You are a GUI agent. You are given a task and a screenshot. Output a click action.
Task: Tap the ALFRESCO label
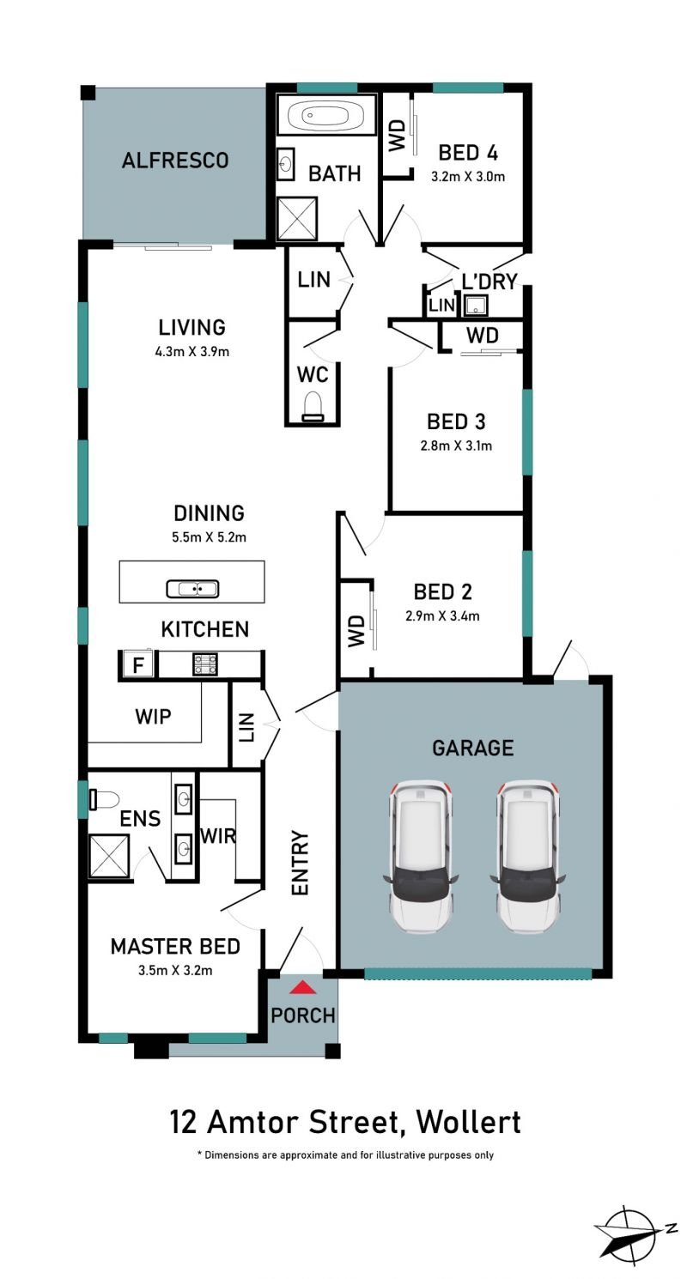point(175,161)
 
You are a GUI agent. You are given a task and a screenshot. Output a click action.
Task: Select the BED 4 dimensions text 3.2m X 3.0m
point(468,177)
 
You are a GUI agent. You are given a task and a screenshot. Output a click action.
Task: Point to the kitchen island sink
point(192,589)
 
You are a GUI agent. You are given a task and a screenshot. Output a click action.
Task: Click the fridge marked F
point(137,664)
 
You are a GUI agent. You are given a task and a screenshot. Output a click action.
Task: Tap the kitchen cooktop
point(204,664)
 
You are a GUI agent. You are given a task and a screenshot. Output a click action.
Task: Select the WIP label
point(153,716)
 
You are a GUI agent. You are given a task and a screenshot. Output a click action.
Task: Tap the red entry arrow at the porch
point(302,987)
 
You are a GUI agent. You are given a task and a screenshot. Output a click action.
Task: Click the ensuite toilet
point(103,800)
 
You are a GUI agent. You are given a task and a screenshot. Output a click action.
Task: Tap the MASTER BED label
point(175,947)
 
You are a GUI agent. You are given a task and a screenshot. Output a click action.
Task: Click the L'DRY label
point(489,282)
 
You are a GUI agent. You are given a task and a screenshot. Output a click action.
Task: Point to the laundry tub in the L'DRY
point(476,306)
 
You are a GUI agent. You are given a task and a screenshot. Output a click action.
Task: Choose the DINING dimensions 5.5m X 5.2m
point(209,537)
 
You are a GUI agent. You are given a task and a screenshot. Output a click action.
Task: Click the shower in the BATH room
point(296,219)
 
